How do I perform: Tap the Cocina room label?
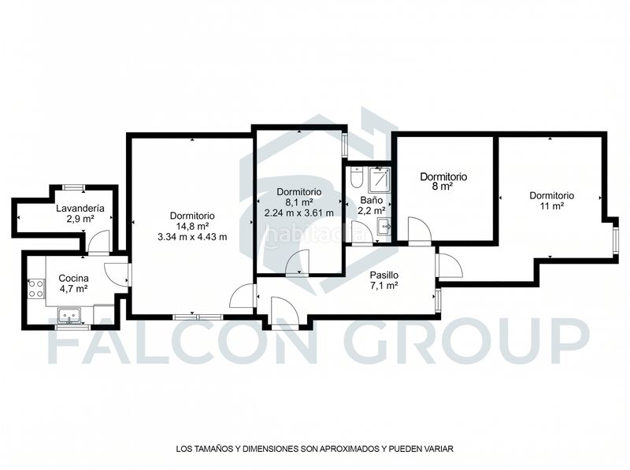click(x=73, y=278)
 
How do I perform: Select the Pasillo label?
click(x=384, y=276)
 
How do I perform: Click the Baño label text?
click(x=371, y=200)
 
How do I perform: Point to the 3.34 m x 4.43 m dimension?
click(x=192, y=237)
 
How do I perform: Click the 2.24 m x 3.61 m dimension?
click(x=299, y=213)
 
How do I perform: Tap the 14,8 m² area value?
click(x=192, y=226)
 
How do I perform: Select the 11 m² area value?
click(x=552, y=206)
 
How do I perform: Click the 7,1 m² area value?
click(x=384, y=286)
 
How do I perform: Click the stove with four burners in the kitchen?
click(x=35, y=289)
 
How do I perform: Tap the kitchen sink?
click(x=69, y=316)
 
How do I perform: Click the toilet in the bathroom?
click(x=357, y=178)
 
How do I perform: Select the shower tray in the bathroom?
click(x=380, y=179)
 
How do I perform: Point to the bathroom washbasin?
click(x=384, y=227)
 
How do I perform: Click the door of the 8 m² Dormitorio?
click(x=420, y=230)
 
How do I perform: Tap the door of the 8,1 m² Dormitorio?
click(x=298, y=261)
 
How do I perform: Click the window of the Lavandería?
click(x=74, y=187)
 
